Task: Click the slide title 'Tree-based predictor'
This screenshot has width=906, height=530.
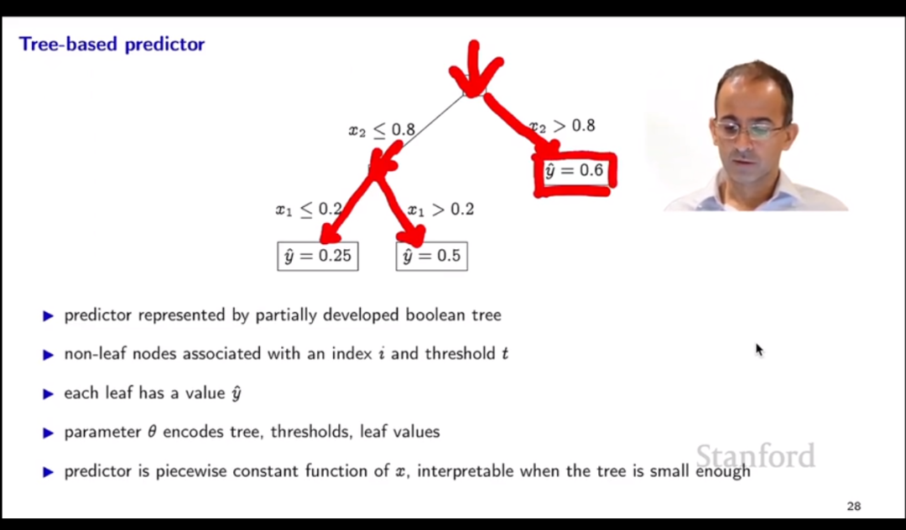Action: point(112,44)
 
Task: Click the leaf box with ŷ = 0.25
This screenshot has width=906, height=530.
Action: point(318,257)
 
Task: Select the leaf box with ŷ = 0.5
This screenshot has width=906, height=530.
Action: point(432,257)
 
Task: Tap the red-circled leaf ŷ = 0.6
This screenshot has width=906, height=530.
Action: point(575,171)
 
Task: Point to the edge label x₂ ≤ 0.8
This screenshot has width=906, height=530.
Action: point(382,130)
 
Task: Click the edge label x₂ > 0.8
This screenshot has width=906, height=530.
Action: point(562,126)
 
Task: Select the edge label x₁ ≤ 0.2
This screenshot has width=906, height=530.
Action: point(309,209)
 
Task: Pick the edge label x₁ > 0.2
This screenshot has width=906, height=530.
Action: point(441,209)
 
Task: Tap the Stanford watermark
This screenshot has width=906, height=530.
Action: point(756,456)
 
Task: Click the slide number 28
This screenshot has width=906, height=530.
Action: point(854,507)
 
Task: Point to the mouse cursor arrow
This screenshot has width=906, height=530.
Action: point(759,350)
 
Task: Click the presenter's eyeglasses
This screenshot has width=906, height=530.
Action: point(750,129)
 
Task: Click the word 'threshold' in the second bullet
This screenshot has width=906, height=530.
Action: point(461,353)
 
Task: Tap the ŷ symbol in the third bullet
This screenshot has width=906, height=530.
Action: point(236,393)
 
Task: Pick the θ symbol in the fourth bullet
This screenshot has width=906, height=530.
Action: point(152,432)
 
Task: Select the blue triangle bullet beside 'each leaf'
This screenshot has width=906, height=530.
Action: point(49,394)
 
